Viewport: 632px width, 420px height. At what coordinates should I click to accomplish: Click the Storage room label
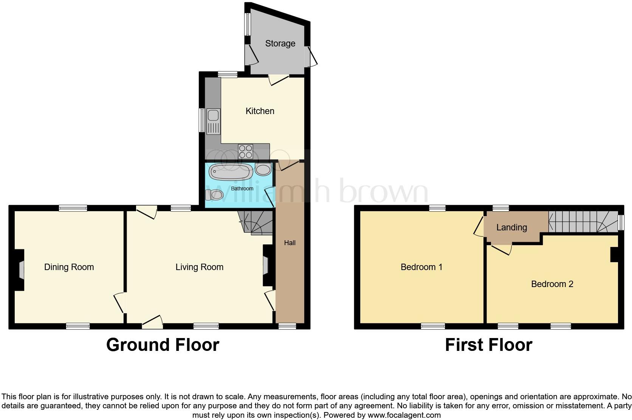280,43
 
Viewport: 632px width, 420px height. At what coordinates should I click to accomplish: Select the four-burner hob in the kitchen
245,151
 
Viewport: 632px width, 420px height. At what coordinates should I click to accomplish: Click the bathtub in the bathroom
231,172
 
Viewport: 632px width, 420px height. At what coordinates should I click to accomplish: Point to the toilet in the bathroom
214,195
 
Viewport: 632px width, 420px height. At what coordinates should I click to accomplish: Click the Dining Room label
69,267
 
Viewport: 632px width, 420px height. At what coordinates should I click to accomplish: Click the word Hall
290,243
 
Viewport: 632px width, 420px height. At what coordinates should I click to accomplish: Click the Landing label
511,227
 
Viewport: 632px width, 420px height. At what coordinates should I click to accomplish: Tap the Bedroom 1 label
421,267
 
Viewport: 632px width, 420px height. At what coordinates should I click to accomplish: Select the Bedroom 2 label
552,284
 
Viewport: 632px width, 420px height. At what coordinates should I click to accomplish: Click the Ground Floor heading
163,345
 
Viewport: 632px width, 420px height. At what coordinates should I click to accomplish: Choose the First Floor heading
488,345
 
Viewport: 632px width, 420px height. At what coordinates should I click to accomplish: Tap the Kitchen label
260,111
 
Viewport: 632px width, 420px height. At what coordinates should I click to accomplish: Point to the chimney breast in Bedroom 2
614,254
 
